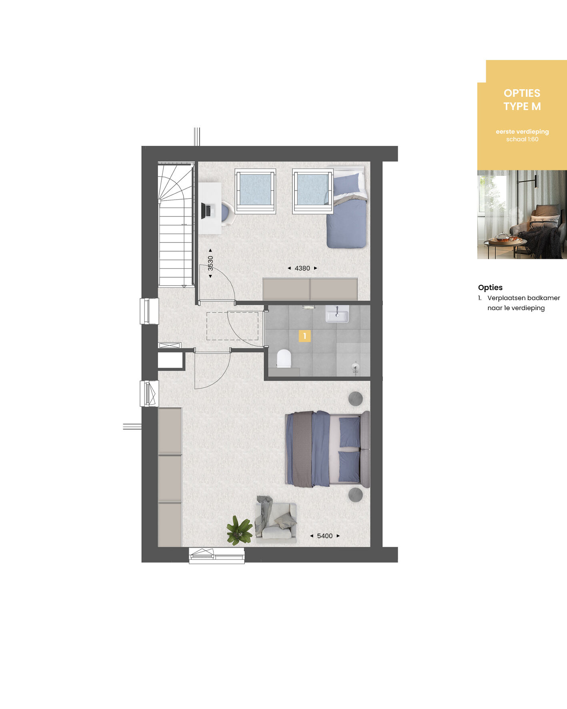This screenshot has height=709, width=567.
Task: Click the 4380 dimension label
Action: click(x=302, y=268)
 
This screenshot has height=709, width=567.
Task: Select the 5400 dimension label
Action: click(x=325, y=536)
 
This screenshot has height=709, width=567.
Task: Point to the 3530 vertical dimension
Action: click(x=210, y=263)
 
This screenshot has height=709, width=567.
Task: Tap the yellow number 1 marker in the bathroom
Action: click(x=305, y=336)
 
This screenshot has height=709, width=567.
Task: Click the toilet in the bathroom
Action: click(x=284, y=359)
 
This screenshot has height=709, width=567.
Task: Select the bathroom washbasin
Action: click(x=337, y=314)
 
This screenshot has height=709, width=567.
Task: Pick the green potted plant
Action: click(x=239, y=530)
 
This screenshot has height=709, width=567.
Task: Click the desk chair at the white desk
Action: click(x=227, y=212)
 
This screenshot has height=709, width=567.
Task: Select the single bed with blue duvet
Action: click(x=347, y=207)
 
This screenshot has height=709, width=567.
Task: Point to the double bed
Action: click(x=327, y=449)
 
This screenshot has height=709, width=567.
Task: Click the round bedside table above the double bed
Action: click(x=356, y=399)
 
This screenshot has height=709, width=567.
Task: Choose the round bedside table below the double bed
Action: click(x=355, y=495)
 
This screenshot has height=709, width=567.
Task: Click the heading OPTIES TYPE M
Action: click(x=522, y=100)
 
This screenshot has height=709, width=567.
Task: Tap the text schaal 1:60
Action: click(x=522, y=139)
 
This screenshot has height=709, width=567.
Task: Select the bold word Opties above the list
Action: click(x=490, y=287)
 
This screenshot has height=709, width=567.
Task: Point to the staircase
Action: click(x=176, y=224)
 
